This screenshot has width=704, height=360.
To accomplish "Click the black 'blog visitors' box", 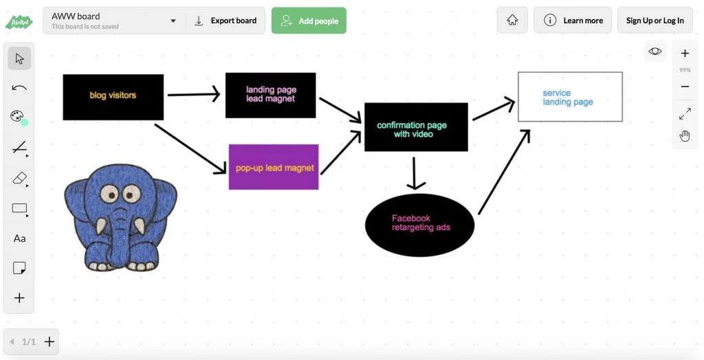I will [113, 96].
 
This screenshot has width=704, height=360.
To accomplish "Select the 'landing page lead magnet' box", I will [270, 95].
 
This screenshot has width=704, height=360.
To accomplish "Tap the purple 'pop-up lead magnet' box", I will [274, 167].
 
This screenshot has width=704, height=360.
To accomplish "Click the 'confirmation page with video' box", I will [415, 127].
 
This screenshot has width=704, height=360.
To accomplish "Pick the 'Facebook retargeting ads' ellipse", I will [419, 225].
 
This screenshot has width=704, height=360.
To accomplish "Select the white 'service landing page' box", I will [570, 97].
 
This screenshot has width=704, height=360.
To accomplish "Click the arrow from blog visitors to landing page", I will [194, 95].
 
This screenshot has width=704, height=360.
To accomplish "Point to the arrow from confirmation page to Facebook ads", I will [414, 172].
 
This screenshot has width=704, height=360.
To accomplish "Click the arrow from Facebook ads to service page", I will [504, 172].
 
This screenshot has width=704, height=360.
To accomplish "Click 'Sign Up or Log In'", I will [654, 21].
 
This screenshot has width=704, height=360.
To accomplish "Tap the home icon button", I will [512, 21].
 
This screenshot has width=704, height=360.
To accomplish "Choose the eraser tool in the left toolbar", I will [19, 179].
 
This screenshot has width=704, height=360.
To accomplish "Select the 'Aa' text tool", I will [19, 238].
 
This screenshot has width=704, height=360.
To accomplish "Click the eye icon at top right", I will [655, 51].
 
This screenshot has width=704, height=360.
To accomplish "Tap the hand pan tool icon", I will [685, 136].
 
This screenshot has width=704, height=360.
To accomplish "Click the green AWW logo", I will [19, 21].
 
